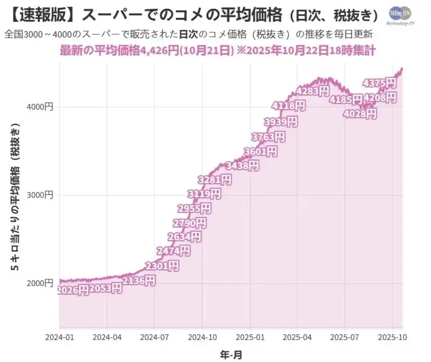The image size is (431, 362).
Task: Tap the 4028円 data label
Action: [360, 114]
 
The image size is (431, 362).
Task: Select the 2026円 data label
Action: [73, 290]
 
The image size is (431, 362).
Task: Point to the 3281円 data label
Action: [215, 180]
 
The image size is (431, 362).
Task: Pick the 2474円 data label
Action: [173, 251]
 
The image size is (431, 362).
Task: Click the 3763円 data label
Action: [268, 137]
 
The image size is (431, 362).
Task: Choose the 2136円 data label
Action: [138, 281]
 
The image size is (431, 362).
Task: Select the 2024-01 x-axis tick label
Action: [60, 336]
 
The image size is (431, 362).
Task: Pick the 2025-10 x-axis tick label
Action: [392, 336]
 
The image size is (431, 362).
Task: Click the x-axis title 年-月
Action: [231, 354]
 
